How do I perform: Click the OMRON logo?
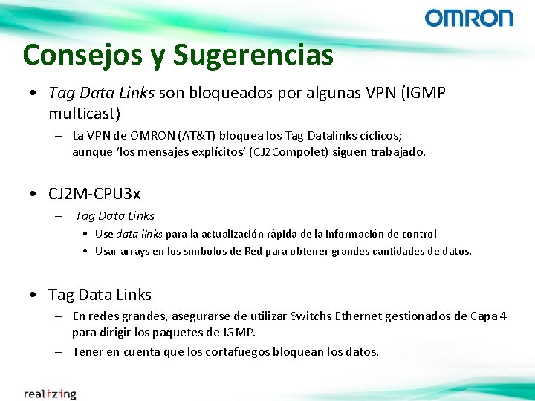(x=469, y=18)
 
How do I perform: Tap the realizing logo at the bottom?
(x=50, y=394)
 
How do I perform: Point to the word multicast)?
(x=84, y=114)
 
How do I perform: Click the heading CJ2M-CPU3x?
(x=94, y=194)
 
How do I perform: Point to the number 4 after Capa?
(x=504, y=316)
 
